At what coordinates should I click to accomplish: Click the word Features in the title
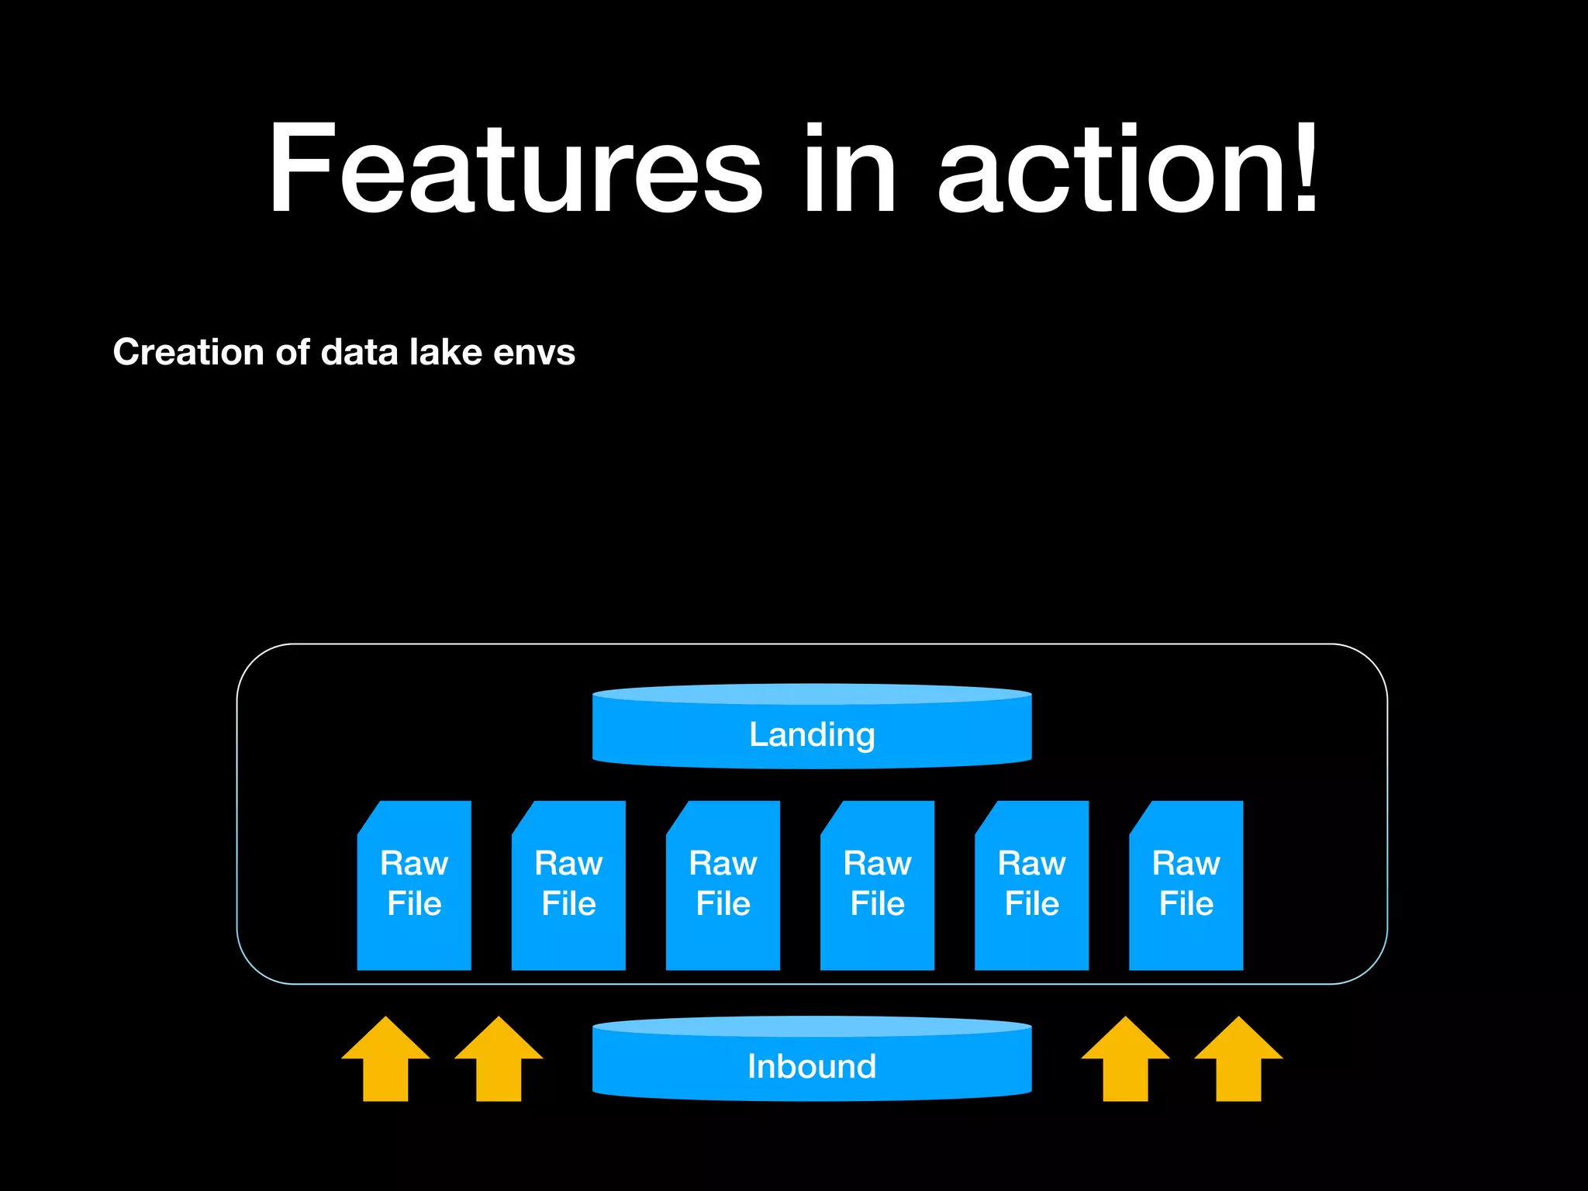516,169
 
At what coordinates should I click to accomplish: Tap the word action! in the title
1128,169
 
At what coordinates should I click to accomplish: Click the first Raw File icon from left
414,885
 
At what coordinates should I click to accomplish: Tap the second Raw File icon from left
568,885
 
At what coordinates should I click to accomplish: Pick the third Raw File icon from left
723,885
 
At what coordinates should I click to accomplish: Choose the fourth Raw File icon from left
877,885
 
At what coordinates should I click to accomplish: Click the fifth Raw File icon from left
1031,885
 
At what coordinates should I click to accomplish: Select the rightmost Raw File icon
1186,885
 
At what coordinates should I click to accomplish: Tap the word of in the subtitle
293,352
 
